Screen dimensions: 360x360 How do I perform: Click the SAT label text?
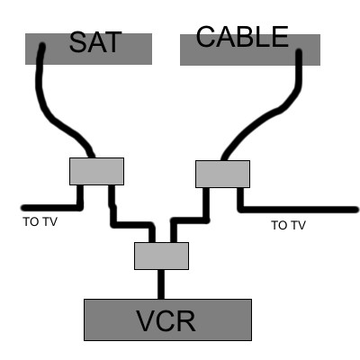[95, 42]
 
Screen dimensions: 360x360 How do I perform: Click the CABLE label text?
[242, 37]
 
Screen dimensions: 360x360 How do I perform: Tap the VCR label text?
[166, 320]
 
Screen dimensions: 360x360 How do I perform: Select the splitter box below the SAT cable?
[96, 171]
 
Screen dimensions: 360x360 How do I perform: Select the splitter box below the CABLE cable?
[222, 174]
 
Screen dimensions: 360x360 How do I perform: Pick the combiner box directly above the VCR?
[161, 256]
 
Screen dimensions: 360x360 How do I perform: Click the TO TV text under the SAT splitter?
[40, 222]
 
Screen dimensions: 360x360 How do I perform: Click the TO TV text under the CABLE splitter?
[288, 225]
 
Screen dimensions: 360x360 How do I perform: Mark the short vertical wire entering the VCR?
[161, 284]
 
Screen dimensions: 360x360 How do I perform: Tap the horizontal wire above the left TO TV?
[51, 208]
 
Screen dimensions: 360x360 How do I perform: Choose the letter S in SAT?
[78, 42]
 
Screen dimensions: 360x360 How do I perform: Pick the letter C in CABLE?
[206, 37]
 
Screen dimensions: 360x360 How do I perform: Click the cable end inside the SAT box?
[42, 47]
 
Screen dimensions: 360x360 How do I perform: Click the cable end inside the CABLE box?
[299, 53]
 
